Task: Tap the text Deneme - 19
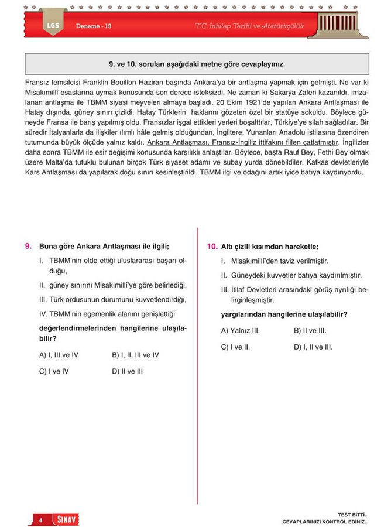tap(94, 27)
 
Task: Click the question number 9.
tap(28, 246)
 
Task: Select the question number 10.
tap(212, 246)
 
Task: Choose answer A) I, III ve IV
tap(59, 355)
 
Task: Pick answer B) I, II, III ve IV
tap(135, 355)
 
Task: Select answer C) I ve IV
tap(54, 371)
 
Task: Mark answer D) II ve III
tap(127, 371)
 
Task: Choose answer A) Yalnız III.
tap(240, 331)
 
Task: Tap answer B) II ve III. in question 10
tap(310, 331)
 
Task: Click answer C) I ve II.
tap(235, 347)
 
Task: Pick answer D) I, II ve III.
tap(313, 347)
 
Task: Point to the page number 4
tap(41, 519)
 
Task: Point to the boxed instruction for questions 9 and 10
tap(197, 64)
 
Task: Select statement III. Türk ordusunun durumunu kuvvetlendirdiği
tap(112, 299)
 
